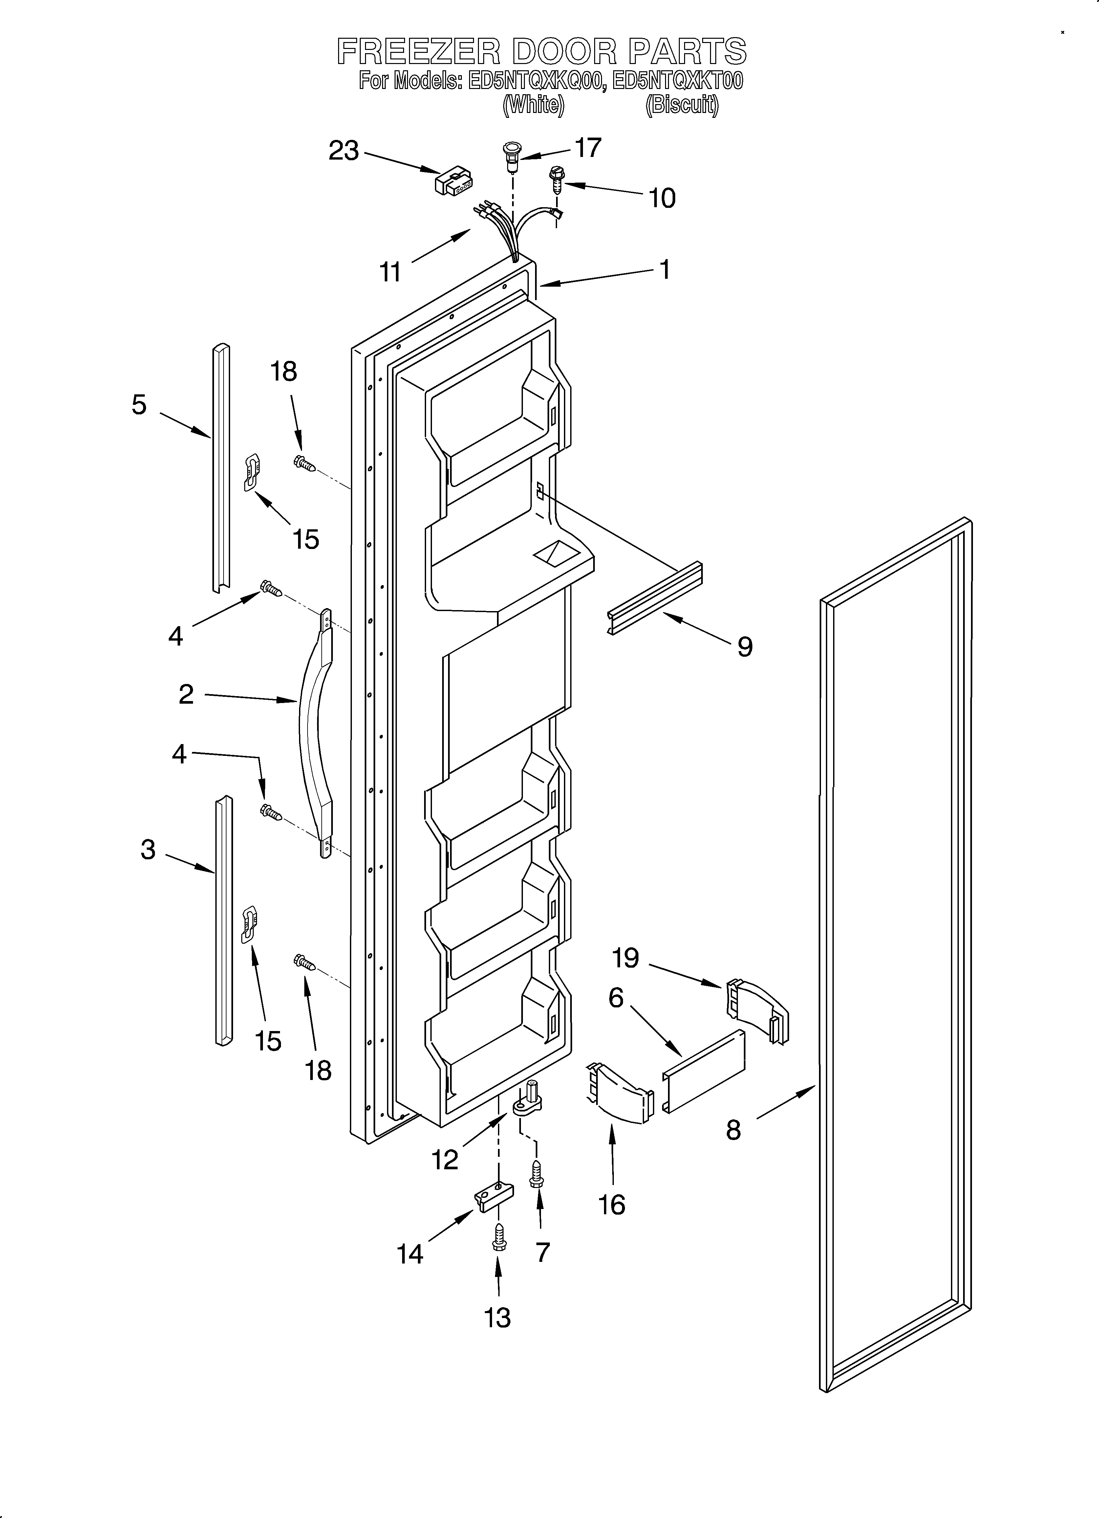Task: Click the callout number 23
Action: click(x=344, y=151)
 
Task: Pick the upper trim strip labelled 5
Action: click(x=220, y=469)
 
